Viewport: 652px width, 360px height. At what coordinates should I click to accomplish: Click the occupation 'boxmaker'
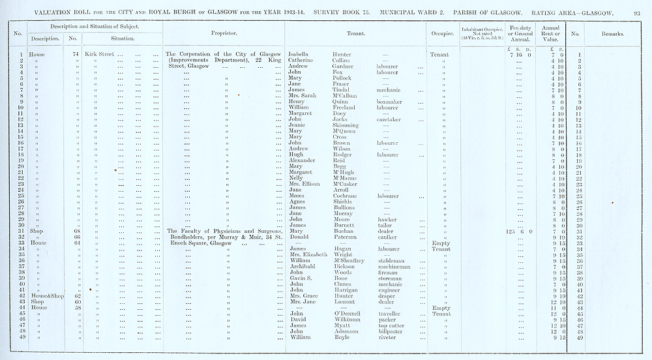tap(390, 101)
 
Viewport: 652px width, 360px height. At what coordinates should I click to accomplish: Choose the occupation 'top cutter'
tap(392, 325)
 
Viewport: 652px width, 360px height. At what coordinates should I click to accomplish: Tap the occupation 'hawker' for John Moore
tap(387, 219)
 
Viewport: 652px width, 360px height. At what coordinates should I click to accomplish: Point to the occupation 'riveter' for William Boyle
tap(387, 337)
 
